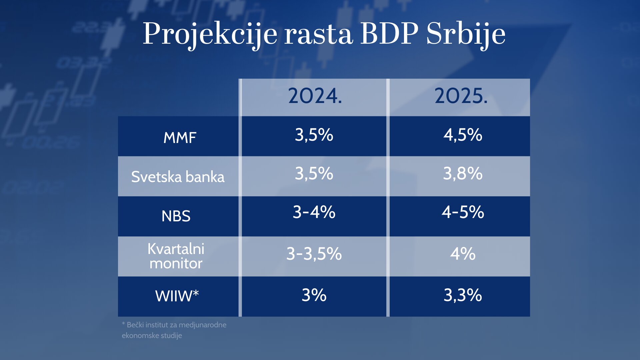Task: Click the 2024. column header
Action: [315, 96]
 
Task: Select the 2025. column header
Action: [461, 96]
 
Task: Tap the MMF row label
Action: [180, 137]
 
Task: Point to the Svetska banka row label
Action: [178, 177]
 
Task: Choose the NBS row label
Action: [176, 216]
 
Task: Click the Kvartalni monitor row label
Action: [176, 256]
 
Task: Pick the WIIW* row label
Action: [177, 296]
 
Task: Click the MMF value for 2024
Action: [314, 135]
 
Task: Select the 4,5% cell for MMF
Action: [463, 135]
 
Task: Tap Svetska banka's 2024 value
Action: [314, 174]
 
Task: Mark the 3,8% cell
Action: [463, 174]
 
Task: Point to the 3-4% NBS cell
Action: [314, 212]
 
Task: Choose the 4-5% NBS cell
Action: [463, 212]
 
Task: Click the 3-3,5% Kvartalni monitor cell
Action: [314, 254]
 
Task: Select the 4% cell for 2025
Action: [463, 254]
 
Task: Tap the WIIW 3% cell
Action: [314, 295]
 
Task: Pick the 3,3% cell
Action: [463, 295]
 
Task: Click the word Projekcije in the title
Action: [210, 34]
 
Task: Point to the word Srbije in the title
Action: [466, 34]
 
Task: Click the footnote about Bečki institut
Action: [174, 330]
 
